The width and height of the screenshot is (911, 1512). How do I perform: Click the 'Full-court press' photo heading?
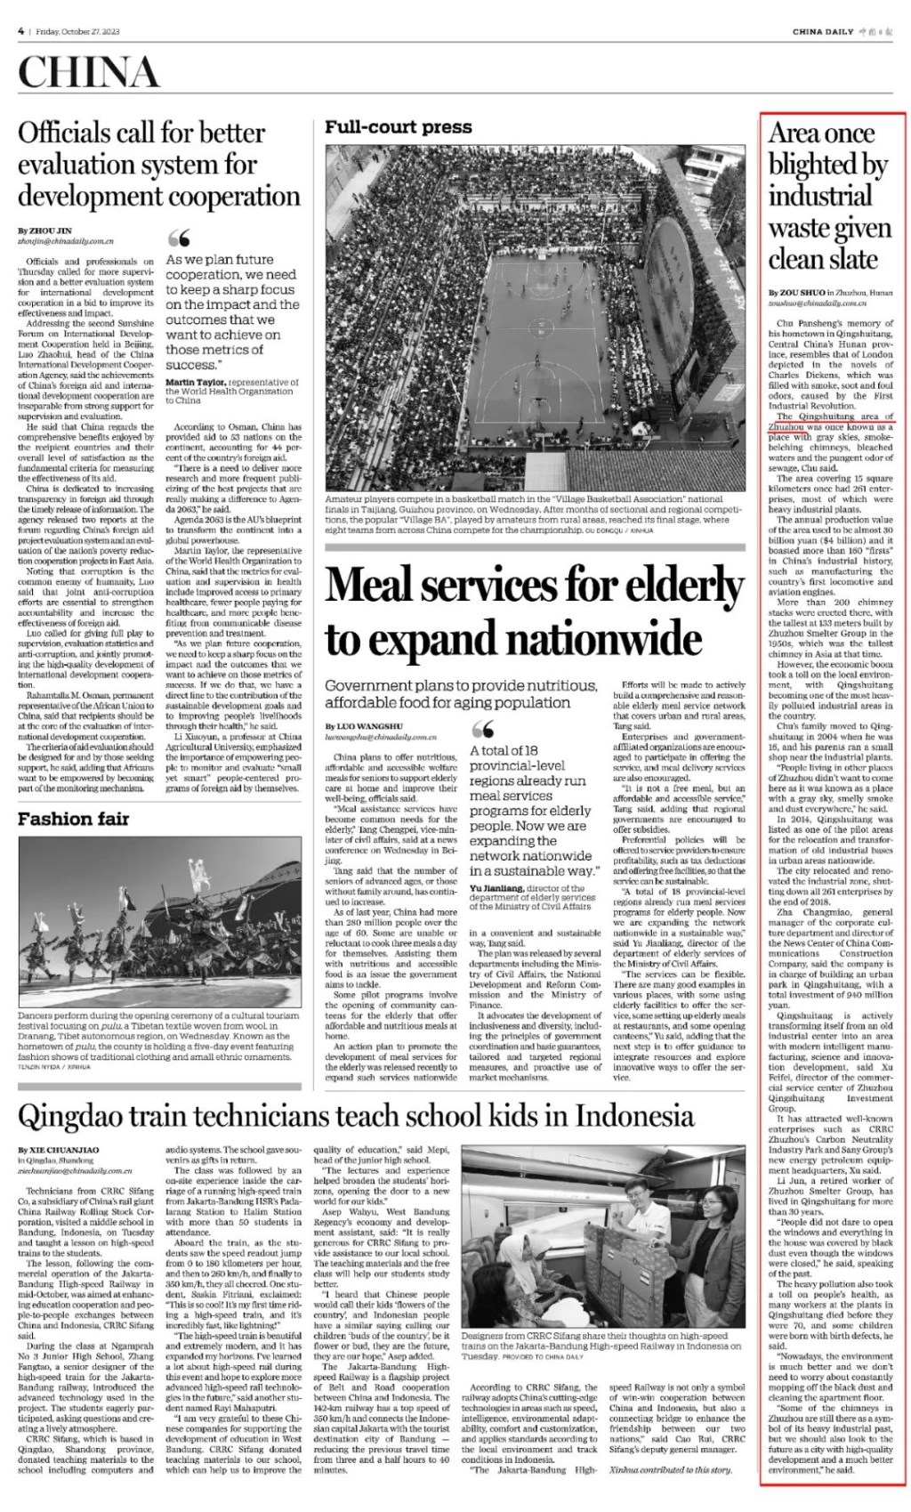(x=398, y=127)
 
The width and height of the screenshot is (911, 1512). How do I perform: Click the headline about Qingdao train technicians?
(x=356, y=1114)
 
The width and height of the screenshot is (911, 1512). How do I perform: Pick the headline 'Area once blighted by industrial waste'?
(x=828, y=196)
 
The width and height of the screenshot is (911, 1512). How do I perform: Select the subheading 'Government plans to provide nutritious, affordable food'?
(x=460, y=693)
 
